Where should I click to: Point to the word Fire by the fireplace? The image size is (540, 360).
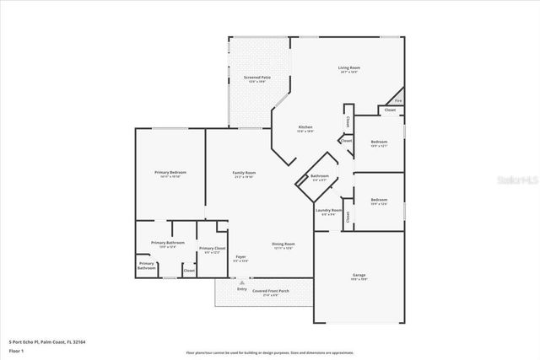coord(398,101)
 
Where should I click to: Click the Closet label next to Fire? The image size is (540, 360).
coord(390,110)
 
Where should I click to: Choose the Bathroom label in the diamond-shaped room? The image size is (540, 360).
coord(321,175)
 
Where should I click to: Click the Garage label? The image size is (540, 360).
coord(359,276)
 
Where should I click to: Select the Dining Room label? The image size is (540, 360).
coord(283,244)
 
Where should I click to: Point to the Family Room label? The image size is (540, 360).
coord(244,173)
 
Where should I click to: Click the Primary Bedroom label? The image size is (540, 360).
coord(170,173)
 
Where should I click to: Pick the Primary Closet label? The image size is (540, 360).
coord(212,248)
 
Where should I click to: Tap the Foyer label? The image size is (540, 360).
coord(240,256)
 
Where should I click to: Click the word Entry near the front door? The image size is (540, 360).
coord(242,288)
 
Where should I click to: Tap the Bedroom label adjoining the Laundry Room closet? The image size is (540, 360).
coord(379,200)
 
